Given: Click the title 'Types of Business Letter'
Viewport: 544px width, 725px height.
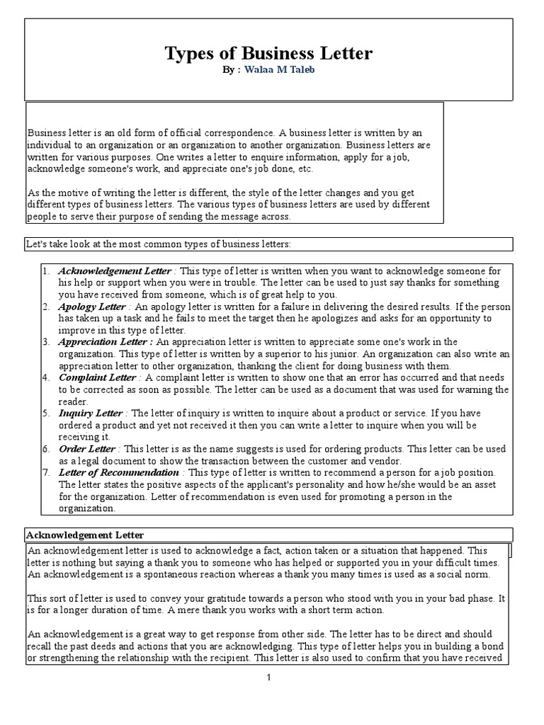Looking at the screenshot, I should (268, 54).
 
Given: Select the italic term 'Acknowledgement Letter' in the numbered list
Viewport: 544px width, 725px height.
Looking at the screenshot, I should (114, 271).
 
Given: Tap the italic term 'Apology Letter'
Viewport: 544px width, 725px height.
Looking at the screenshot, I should (91, 307).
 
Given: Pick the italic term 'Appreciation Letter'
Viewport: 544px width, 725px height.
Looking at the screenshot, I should (104, 342).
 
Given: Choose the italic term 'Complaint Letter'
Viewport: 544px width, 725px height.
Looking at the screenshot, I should (96, 377).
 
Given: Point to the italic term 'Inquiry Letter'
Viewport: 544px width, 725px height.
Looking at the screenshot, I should (91, 413).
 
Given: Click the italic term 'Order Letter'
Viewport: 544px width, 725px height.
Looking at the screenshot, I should (86, 449).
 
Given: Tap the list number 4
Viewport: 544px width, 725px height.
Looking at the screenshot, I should (44, 377).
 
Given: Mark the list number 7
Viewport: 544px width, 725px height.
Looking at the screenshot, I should (44, 472).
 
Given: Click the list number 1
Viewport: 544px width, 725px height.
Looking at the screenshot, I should (44, 271).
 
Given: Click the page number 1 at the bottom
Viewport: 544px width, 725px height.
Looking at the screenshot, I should (269, 678).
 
